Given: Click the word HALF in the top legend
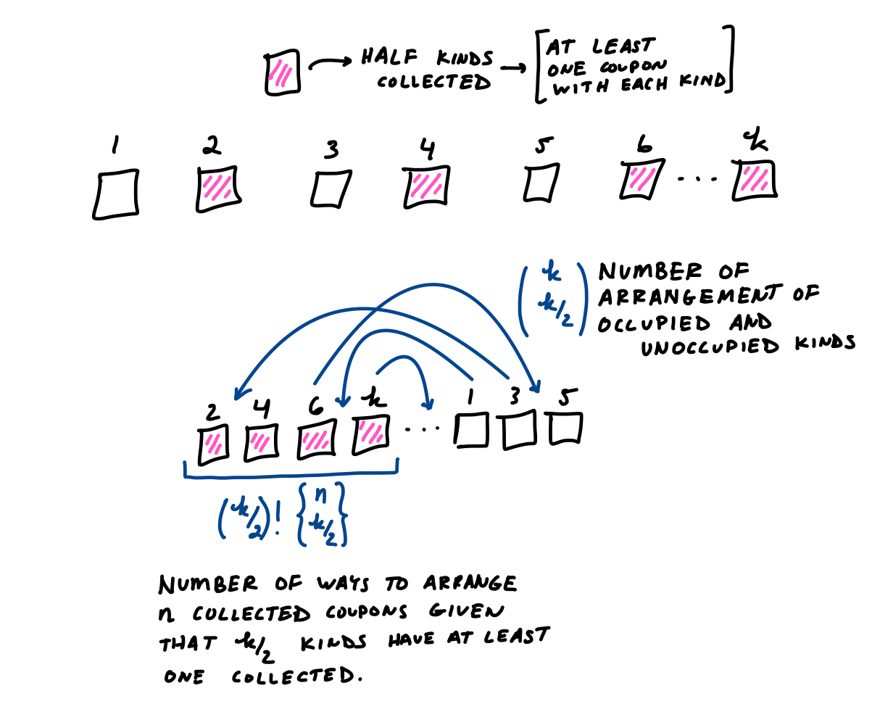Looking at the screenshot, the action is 389,57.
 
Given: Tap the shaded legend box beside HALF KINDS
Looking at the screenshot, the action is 283,72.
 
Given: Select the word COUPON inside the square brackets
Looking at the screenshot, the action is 633,67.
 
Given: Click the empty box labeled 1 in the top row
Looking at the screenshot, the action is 116,194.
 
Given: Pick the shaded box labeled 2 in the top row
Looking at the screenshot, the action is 218,188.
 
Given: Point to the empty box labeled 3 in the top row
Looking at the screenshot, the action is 331,188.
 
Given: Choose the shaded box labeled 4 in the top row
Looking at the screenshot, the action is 426,186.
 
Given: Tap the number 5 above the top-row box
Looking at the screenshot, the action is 544,145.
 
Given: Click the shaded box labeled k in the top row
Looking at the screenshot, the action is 755,181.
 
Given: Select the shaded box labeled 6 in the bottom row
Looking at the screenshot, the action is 317,439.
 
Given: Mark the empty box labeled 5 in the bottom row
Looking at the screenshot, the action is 564,428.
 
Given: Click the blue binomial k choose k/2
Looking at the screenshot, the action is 554,299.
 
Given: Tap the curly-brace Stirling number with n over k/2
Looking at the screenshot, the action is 323,514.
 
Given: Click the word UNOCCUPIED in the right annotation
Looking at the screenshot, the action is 710,347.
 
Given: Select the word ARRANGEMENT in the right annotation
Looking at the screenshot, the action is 689,296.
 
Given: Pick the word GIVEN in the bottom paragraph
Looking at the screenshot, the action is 467,611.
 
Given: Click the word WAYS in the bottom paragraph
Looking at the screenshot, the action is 343,584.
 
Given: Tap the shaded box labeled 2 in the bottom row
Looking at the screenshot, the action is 213,444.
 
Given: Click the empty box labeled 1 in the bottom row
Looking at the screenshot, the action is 471,430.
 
